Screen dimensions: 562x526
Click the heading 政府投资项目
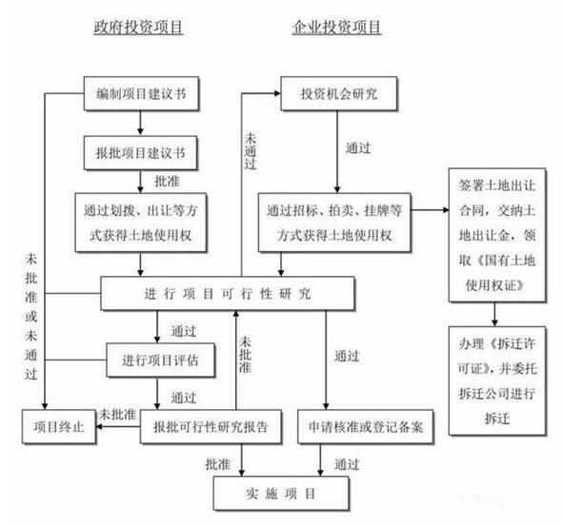138,28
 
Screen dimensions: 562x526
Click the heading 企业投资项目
336,28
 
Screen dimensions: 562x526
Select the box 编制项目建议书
141,94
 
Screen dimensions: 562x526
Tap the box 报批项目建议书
141,153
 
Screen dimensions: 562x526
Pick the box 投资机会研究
339,94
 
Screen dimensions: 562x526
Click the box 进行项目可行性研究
228,293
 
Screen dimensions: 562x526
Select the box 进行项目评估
161,360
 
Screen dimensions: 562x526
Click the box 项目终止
59,427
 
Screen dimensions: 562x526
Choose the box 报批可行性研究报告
211,427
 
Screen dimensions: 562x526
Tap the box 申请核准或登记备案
366,427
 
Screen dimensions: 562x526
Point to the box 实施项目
281,494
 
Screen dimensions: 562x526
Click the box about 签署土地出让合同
497,235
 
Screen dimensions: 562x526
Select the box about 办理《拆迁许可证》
497,380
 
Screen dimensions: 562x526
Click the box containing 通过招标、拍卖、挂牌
334,223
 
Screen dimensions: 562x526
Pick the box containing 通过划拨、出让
141,223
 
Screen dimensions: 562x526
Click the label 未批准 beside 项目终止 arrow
117,415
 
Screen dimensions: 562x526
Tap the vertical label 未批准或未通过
31,317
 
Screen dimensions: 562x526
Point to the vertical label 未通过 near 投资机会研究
251,151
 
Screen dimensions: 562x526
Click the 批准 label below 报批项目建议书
167,182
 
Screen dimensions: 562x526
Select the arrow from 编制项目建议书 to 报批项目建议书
141,124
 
